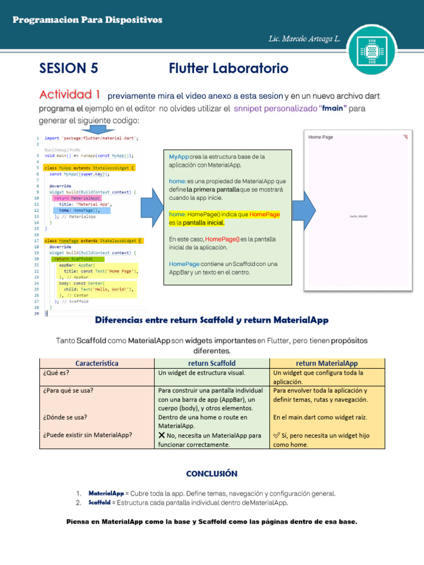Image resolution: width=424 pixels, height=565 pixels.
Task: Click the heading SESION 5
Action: click(68, 68)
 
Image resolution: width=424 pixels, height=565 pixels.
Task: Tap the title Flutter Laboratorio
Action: click(229, 68)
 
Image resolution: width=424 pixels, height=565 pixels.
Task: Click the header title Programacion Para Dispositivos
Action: click(87, 20)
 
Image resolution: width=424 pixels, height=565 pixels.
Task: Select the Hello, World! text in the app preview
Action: click(359, 216)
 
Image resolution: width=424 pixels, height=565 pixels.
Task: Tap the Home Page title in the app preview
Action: click(321, 137)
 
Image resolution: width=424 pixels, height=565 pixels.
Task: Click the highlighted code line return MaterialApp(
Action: click(77, 198)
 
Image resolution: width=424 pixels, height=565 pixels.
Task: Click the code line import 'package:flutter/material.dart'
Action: click(91, 138)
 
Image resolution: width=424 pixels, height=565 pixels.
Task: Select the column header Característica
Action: click(97, 363)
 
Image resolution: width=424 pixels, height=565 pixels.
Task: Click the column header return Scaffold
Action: click(212, 363)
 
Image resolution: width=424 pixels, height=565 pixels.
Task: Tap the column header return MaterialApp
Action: click(327, 363)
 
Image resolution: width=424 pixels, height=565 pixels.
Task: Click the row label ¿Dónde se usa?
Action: click(64, 417)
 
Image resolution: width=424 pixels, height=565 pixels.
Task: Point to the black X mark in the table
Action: click(162, 435)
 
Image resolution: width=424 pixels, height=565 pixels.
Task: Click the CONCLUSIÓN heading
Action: click(212, 473)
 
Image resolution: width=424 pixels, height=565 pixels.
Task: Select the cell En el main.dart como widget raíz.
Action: click(320, 417)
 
